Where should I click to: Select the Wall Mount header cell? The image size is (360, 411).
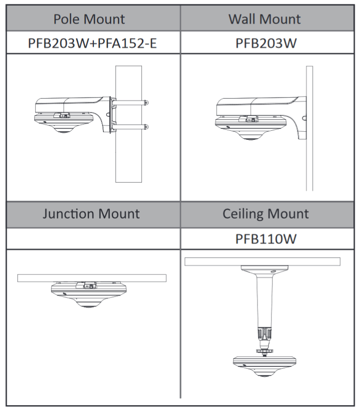[x=264, y=19]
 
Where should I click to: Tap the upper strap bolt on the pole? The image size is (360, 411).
[x=147, y=101]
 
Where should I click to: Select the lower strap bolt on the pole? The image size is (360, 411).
[x=147, y=126]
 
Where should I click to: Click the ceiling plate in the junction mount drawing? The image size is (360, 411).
[x=91, y=277]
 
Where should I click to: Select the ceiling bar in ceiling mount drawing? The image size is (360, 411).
[x=262, y=262]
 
